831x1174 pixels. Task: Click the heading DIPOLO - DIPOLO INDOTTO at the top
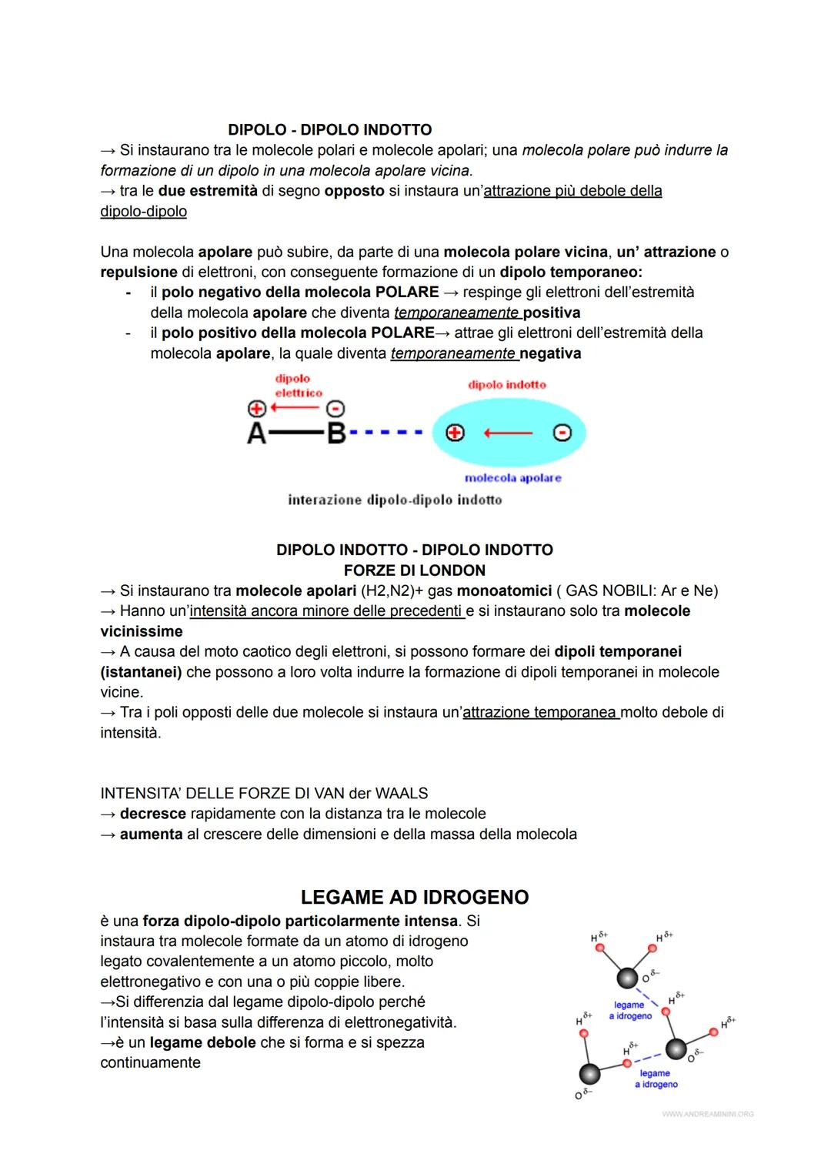[329, 130]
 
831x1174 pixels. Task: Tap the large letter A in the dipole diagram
[256, 434]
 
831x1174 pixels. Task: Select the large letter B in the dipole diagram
[336, 434]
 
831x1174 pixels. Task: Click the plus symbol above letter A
[256, 409]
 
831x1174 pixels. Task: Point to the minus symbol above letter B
[336, 409]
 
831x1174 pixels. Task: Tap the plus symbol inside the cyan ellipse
[456, 433]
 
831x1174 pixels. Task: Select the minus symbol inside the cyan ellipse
[562, 433]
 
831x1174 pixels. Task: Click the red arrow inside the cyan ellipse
[508, 433]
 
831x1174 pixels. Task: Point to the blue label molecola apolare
[512, 478]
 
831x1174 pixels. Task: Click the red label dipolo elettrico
[298, 386]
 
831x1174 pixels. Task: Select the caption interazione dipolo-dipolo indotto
[395, 500]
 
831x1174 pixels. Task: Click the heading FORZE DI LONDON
[414, 570]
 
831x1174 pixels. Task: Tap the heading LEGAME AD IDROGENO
[414, 898]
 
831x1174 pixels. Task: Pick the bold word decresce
[152, 814]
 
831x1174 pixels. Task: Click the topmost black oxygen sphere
[628, 978]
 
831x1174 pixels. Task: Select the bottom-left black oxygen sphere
[589, 1074]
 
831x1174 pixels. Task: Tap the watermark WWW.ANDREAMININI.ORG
[707, 1114]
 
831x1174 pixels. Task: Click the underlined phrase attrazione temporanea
[540, 712]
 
